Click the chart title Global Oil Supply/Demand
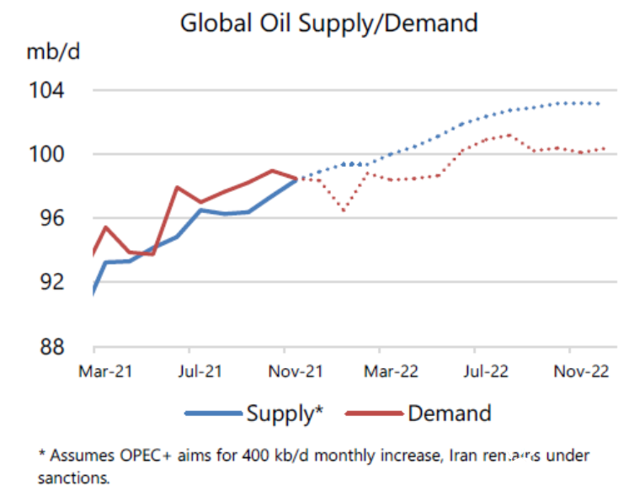coord(329,23)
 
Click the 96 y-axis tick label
coord(56,218)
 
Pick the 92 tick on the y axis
coord(56,281)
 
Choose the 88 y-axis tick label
coord(56,346)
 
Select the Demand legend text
coord(449,413)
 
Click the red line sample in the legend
coord(373,413)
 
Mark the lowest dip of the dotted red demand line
coord(344,211)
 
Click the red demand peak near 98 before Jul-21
coord(177,187)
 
